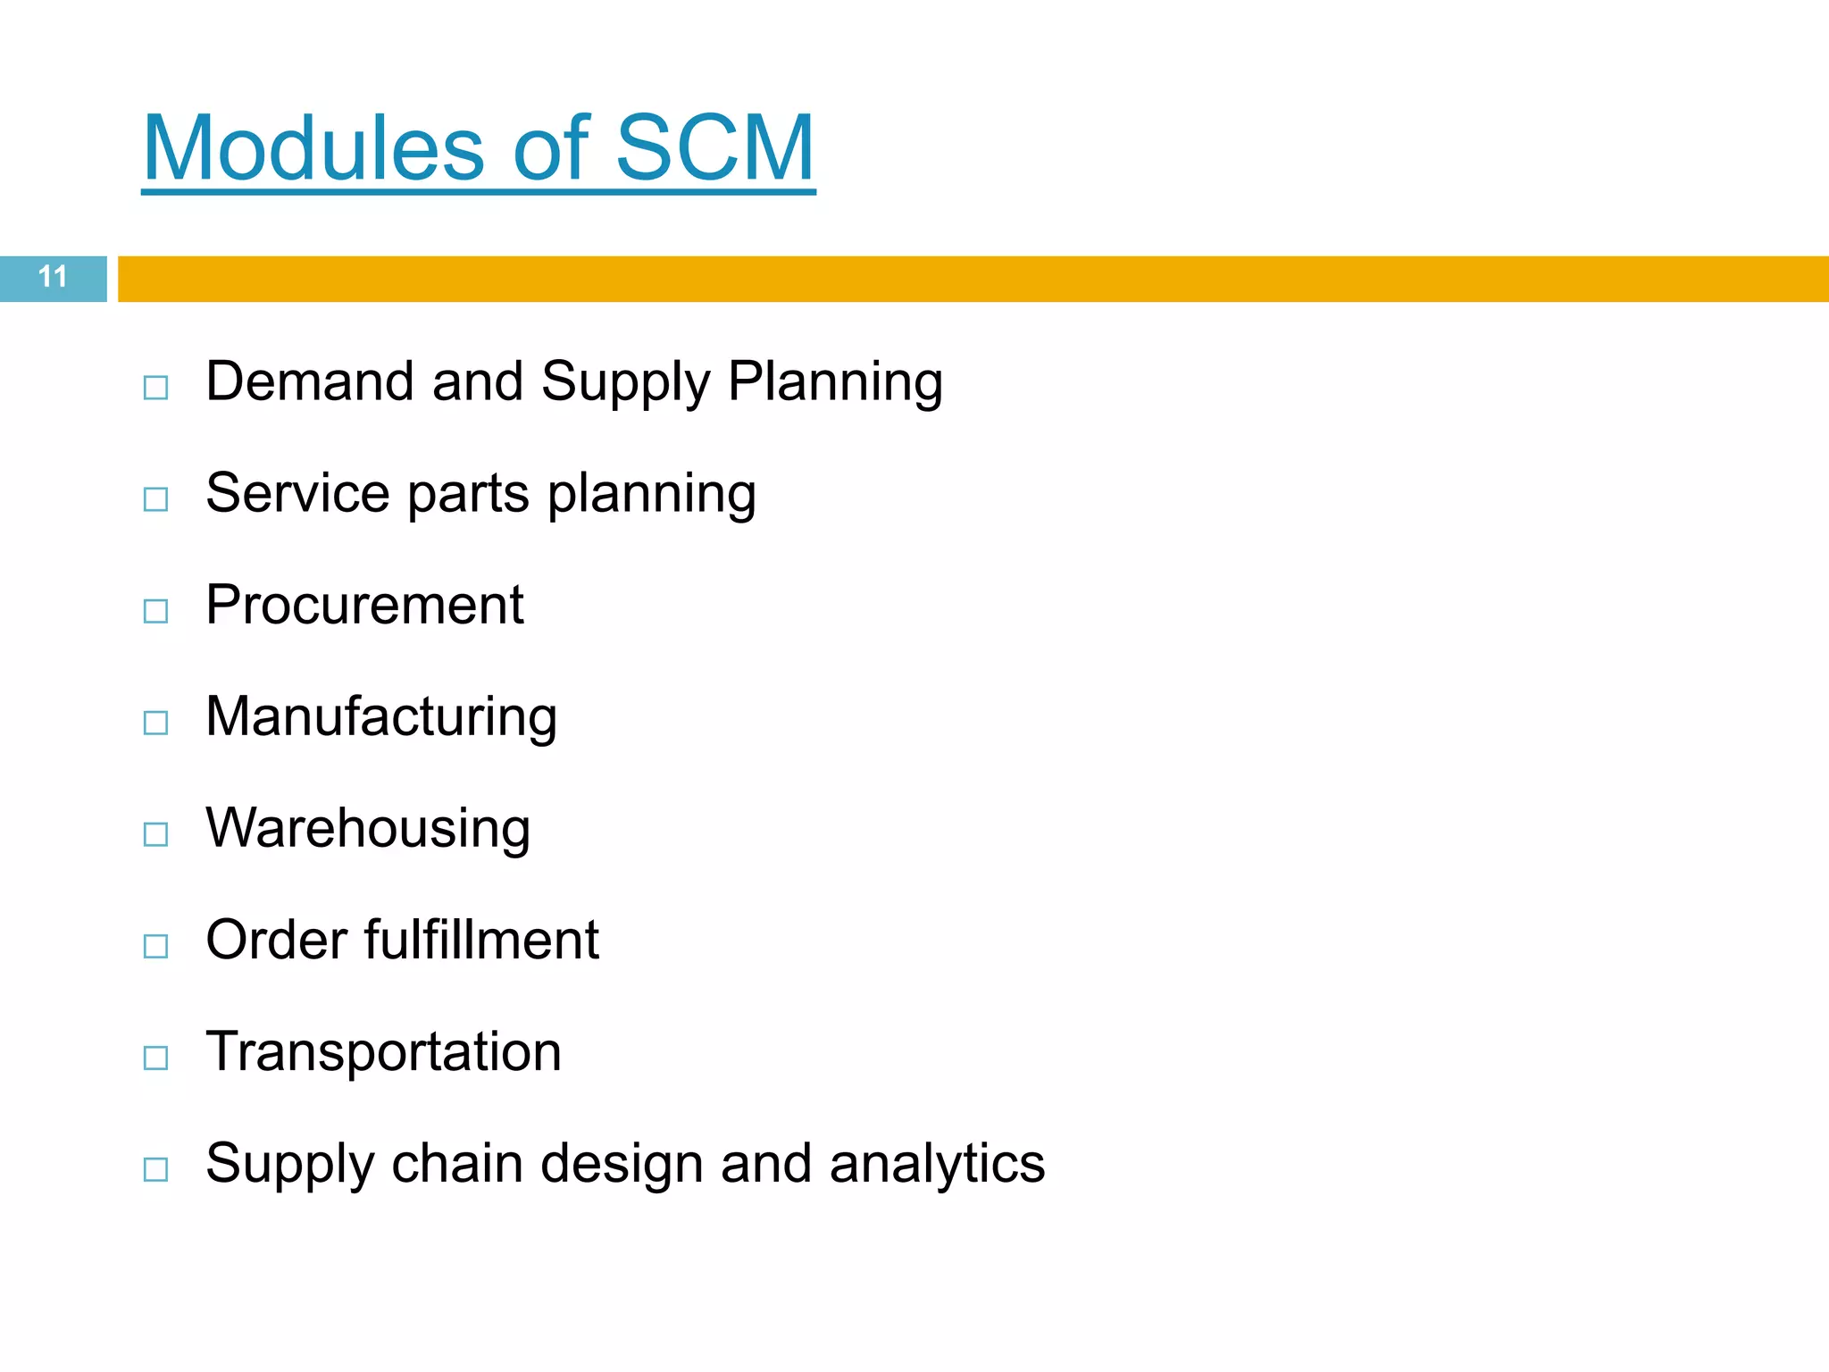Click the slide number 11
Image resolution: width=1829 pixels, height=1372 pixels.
coord(53,277)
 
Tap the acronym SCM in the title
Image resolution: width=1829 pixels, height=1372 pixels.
coord(714,148)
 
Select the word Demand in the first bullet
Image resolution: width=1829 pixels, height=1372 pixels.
coord(310,381)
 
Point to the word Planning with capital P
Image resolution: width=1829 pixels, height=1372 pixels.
coord(835,383)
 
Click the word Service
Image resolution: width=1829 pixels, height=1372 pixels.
coord(297,493)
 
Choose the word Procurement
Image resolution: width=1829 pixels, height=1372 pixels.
coord(364,605)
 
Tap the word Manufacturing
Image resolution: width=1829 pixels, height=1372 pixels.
coord(381,718)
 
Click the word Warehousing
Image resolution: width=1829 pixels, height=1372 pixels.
coord(368,829)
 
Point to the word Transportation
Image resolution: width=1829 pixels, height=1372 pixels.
coord(383,1051)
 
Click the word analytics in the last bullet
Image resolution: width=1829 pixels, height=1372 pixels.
coord(937,1165)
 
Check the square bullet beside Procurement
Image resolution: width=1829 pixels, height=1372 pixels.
coord(155,611)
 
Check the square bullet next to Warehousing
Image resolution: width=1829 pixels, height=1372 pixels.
coord(155,834)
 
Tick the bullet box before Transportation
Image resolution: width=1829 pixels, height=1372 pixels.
coord(155,1058)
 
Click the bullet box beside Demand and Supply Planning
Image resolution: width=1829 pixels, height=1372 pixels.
coord(155,388)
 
